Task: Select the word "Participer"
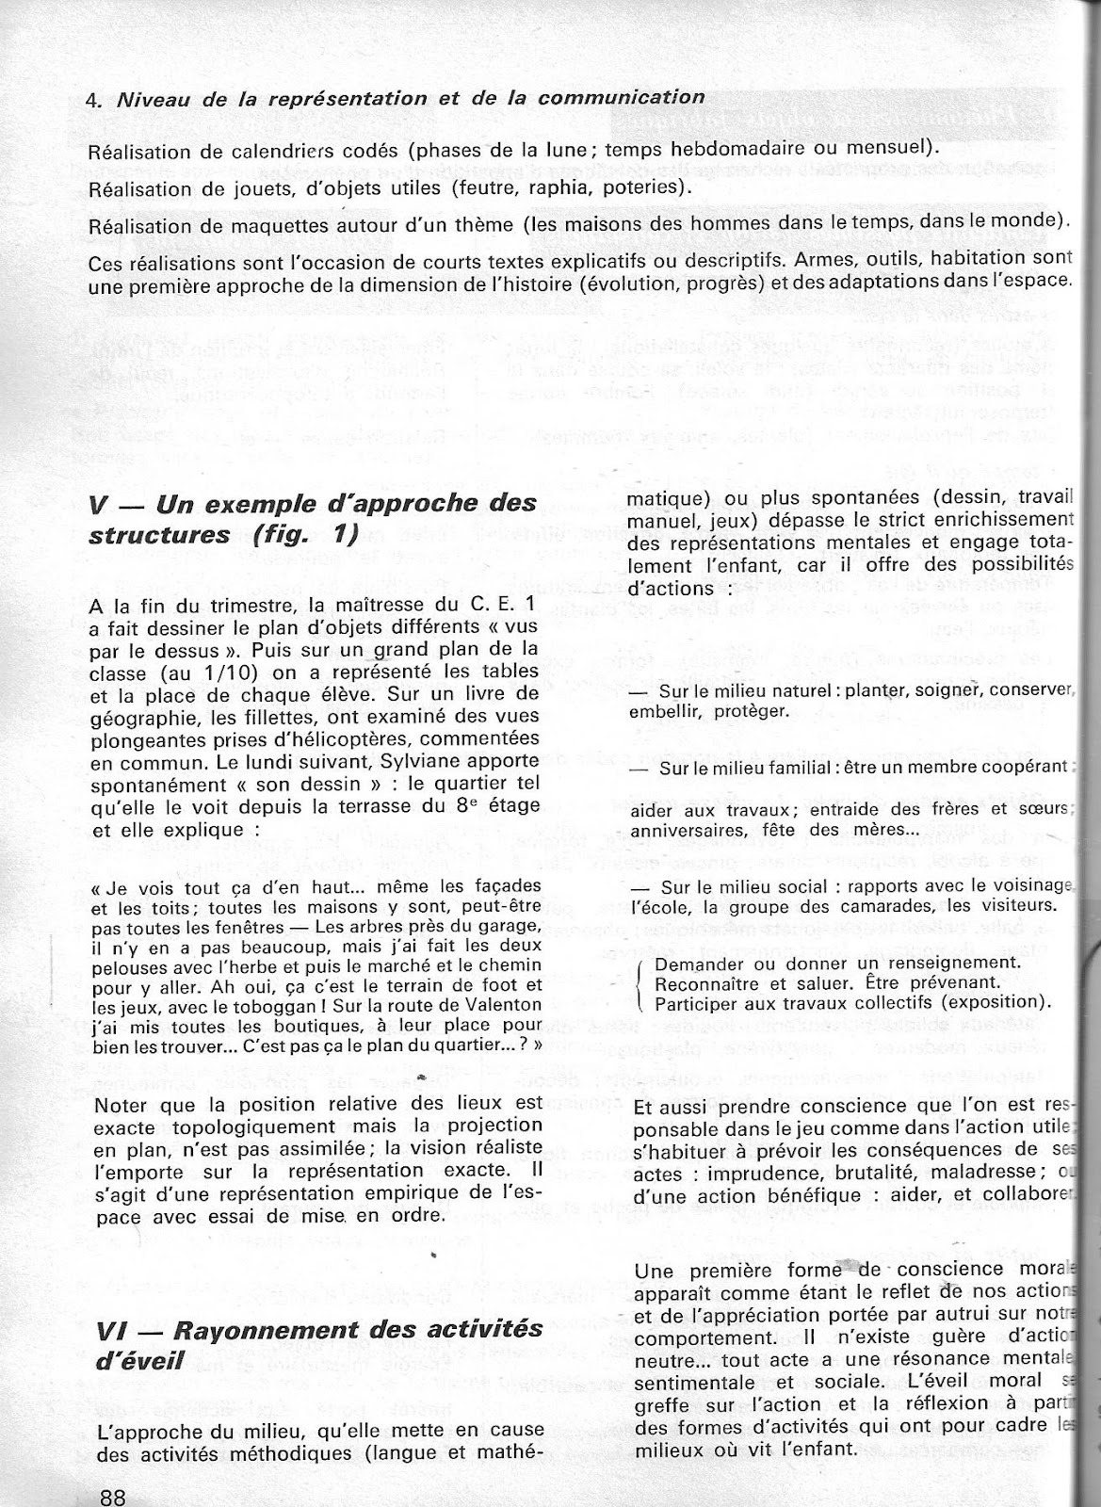702,1001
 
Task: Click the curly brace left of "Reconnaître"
641,982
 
